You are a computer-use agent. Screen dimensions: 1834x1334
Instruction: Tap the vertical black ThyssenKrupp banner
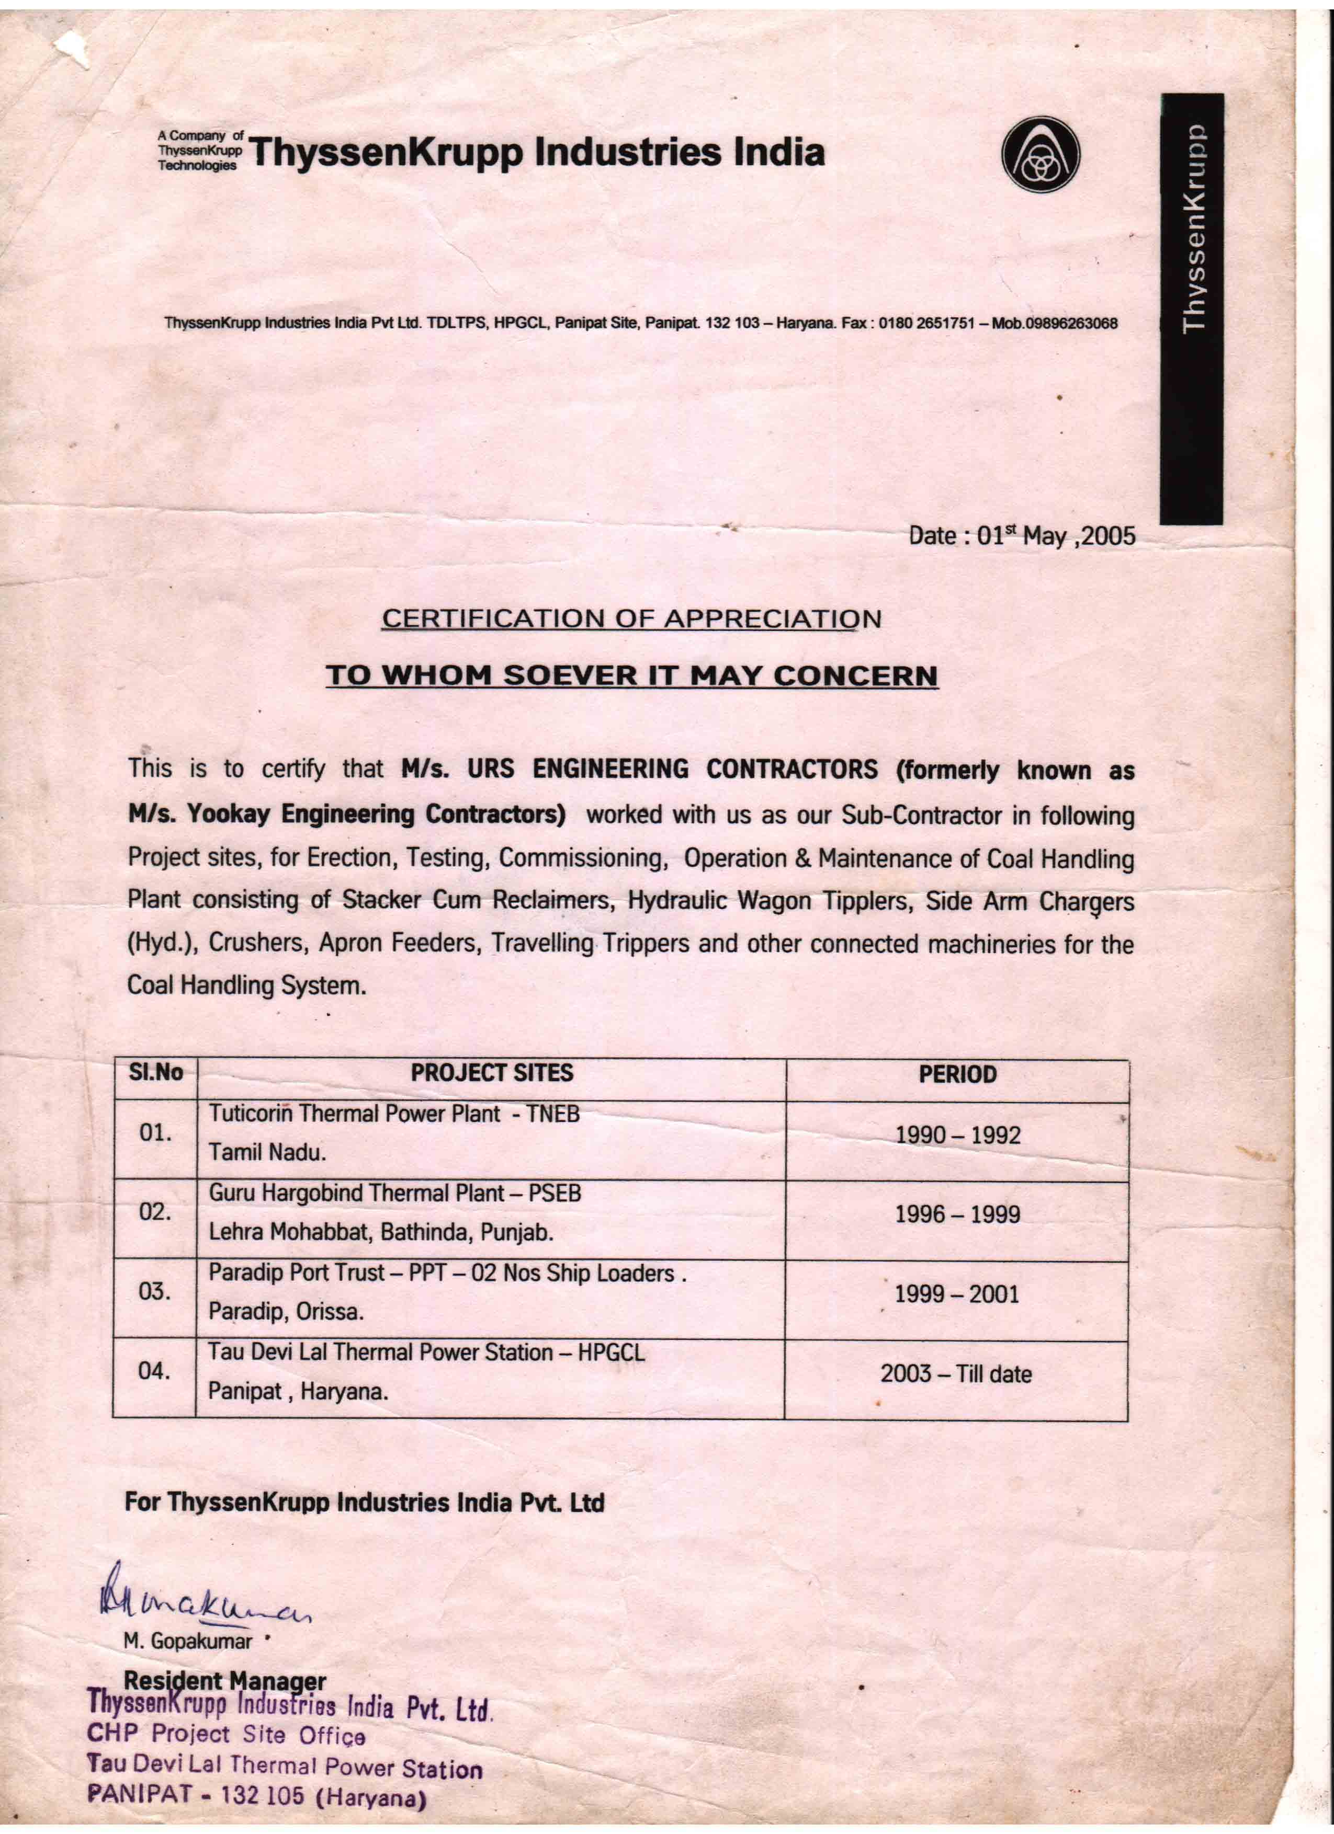point(1191,309)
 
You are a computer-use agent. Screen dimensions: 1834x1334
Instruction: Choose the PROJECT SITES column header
point(491,1074)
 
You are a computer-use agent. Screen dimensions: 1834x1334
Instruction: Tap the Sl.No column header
point(155,1073)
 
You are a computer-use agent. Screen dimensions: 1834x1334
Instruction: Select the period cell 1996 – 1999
point(957,1214)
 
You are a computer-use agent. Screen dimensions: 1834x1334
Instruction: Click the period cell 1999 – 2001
point(957,1294)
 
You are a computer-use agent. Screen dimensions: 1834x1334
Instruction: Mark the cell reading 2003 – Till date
point(956,1374)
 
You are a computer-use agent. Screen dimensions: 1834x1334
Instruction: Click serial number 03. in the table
point(154,1291)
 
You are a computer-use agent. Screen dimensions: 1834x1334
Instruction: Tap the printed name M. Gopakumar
point(188,1642)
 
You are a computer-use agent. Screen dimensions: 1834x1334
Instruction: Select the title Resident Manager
point(225,1680)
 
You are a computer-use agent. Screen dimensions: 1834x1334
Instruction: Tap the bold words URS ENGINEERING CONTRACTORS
point(672,769)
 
